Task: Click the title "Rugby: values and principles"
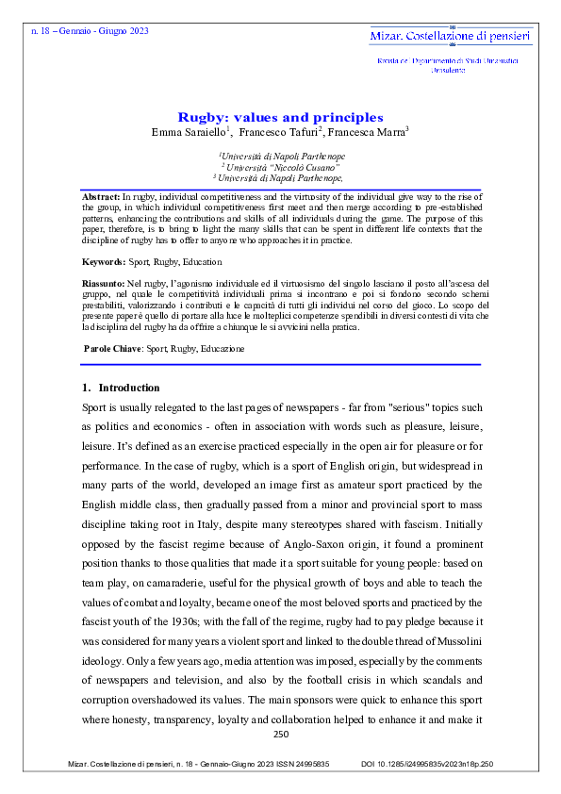[x=280, y=117]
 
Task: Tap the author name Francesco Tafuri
[x=279, y=131]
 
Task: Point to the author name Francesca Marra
[x=369, y=131]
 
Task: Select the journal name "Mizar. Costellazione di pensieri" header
[x=450, y=36]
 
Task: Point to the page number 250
[x=280, y=734]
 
